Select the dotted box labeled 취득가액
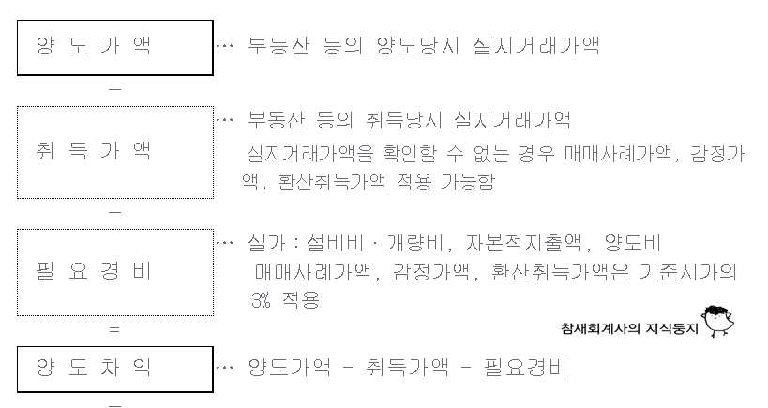(114, 151)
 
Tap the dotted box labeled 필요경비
(114, 271)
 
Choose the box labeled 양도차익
(114, 369)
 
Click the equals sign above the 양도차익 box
(114, 329)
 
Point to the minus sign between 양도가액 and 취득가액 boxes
(114, 90)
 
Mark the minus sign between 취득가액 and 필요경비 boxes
(114, 212)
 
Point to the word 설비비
(334, 243)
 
